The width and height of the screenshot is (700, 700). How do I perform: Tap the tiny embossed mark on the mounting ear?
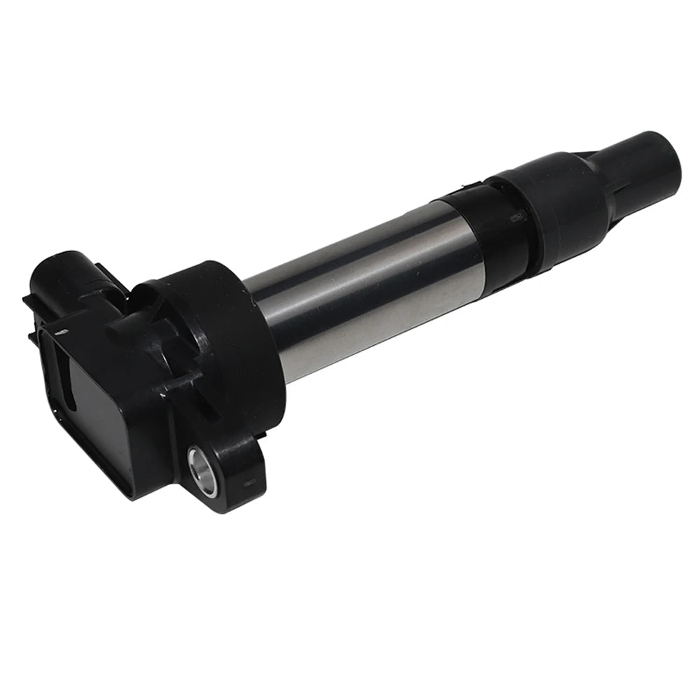coord(247,482)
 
